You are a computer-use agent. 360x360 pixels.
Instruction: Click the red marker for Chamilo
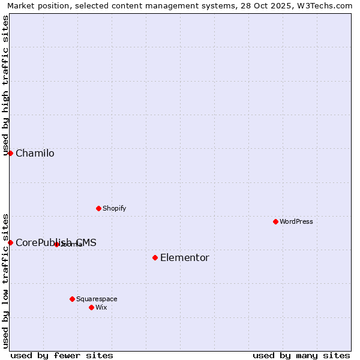[10, 153]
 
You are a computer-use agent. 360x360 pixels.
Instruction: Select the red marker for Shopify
[98, 208]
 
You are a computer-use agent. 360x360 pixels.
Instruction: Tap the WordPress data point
[275, 221]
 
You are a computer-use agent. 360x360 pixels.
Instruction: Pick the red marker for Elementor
[155, 257]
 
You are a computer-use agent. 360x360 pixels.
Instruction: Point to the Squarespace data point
[72, 299]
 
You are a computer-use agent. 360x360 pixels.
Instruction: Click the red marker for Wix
[91, 307]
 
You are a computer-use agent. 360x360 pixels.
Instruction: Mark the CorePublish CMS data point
[10, 242]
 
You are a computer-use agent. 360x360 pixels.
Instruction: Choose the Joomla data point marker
[56, 244]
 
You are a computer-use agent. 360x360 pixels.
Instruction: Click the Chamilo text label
[35, 154]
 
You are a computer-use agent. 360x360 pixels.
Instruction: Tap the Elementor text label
[184, 258]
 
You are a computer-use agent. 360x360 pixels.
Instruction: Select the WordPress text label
[296, 221]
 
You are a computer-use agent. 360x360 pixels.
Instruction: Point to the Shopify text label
[114, 208]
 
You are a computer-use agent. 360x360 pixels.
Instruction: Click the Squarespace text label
[97, 299]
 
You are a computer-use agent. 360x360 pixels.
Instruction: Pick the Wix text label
[101, 307]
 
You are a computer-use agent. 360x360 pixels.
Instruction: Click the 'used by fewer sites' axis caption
[62, 355]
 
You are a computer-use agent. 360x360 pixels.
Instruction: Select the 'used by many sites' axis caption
[301, 355]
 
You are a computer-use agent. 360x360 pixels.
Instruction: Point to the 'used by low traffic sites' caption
[5, 280]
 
